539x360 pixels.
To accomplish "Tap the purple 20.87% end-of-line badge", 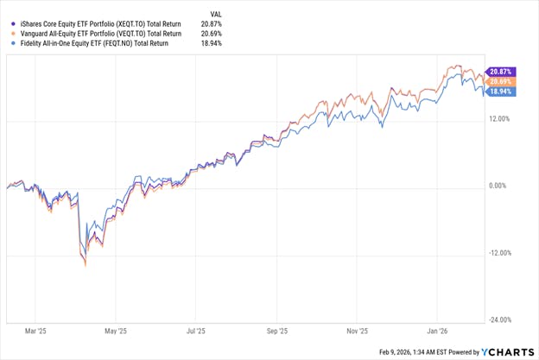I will point(501,71).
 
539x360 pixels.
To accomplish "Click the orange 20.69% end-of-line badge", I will point(501,80).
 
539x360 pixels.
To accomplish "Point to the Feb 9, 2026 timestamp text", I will point(415,352).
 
